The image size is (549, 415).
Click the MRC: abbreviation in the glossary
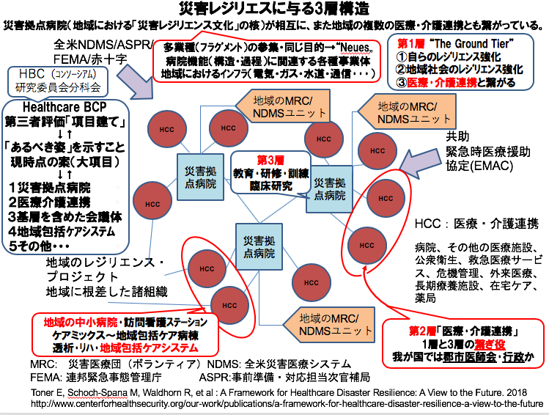[x=45, y=364]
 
